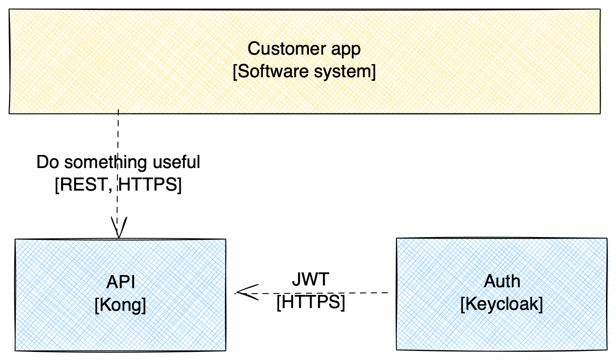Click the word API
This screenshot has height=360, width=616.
click(121, 282)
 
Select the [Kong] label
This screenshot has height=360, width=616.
click(121, 306)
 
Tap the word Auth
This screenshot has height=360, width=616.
click(502, 282)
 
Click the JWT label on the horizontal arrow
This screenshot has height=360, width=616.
click(310, 280)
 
